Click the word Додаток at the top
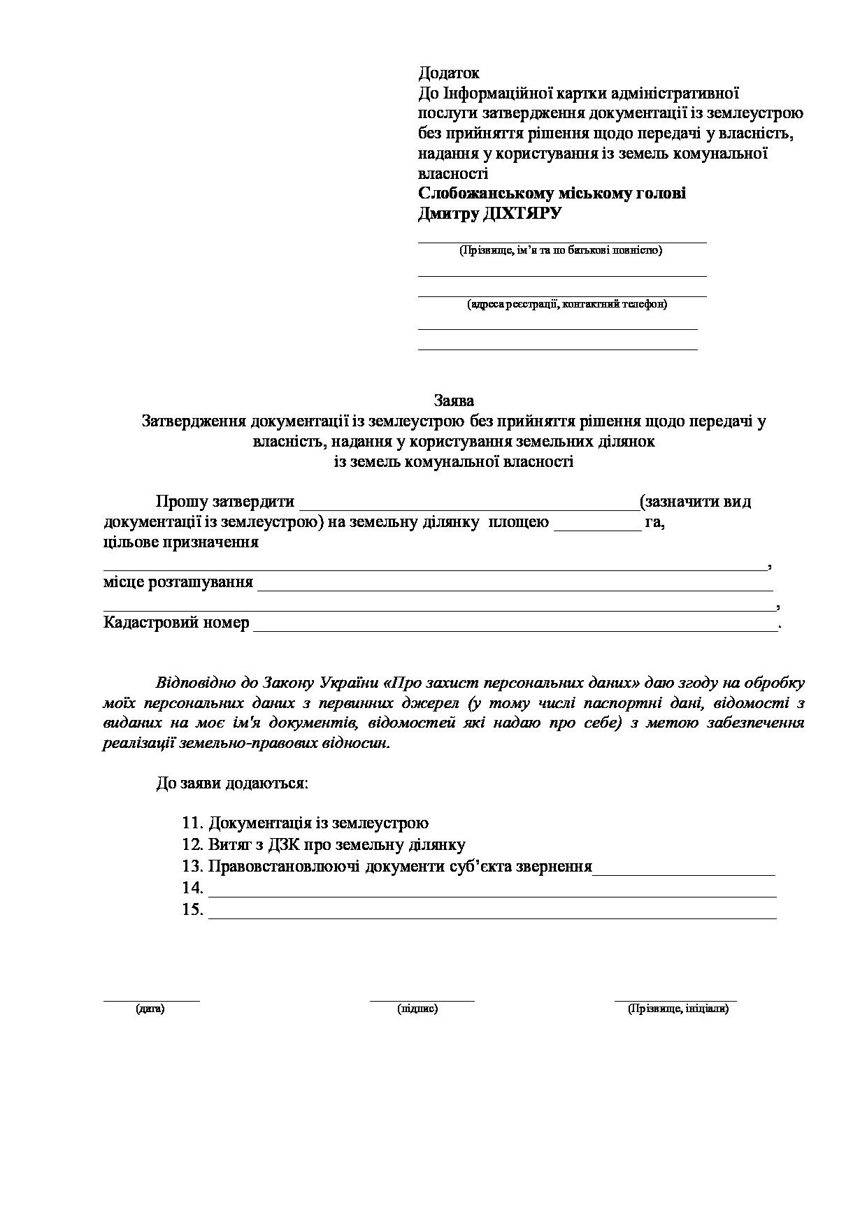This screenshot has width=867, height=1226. (x=448, y=73)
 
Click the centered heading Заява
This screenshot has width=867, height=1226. (x=454, y=401)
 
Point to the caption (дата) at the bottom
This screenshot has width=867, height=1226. (x=150, y=1009)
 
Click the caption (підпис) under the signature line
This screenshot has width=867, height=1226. (x=417, y=1009)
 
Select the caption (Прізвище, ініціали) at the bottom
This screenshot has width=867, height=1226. (x=678, y=1009)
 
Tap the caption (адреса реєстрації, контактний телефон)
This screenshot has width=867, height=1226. (x=567, y=304)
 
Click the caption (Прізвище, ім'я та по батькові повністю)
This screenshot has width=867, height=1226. (x=561, y=250)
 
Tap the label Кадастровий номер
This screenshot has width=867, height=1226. (x=176, y=622)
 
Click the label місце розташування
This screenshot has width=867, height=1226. (x=178, y=582)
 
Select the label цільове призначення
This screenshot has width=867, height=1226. (x=181, y=542)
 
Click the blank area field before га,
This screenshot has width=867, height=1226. (x=597, y=524)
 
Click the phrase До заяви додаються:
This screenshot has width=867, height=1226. (x=232, y=783)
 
